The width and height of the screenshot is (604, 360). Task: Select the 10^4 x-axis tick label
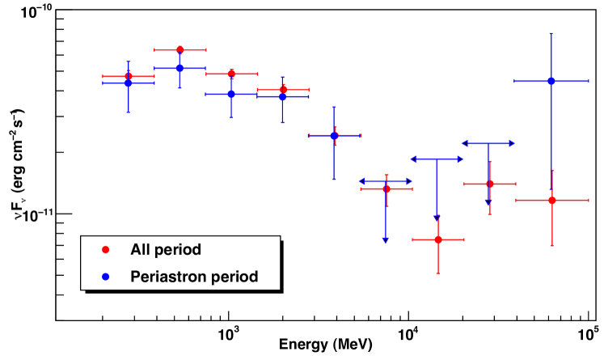coord(409,332)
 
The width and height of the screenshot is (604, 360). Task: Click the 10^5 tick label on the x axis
coord(589,332)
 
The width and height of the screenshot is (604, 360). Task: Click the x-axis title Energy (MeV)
coord(327,345)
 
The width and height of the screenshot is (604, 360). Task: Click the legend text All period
coord(166,249)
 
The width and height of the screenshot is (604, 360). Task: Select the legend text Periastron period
coord(194,276)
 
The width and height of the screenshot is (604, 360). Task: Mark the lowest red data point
coord(437,239)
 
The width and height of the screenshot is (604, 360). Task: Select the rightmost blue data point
coord(551,81)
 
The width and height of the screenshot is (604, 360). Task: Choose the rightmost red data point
coord(551,200)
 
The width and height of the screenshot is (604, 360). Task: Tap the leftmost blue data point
coord(128,83)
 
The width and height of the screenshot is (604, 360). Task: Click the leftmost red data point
coord(128,76)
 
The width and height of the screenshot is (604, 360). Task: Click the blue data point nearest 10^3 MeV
coord(231,94)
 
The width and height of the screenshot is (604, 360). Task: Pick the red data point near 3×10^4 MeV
coord(490,184)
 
